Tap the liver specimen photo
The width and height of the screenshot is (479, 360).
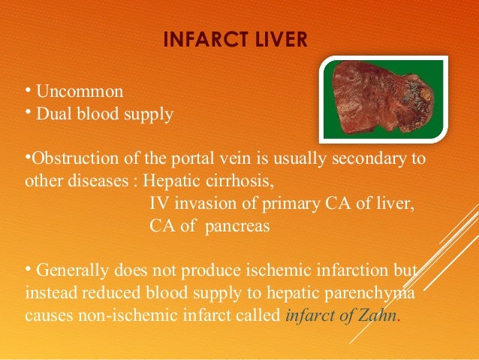[383, 100]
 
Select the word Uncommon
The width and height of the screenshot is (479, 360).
[80, 92]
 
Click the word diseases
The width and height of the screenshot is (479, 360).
[103, 183]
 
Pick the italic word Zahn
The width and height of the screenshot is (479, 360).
[381, 315]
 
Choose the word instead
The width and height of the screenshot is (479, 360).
[51, 293]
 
